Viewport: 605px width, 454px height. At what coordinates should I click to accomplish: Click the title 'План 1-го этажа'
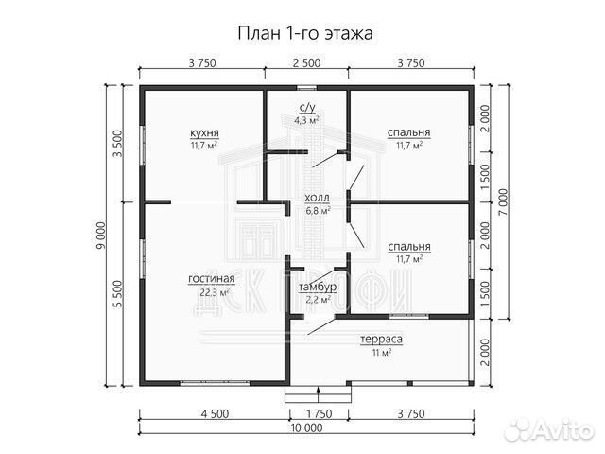point(304,33)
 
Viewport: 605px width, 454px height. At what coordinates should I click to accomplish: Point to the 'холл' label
point(316,199)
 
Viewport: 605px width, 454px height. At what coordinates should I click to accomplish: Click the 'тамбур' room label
point(315,287)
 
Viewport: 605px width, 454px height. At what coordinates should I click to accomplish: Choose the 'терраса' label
point(382,339)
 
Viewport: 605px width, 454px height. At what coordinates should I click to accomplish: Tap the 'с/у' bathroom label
point(306,109)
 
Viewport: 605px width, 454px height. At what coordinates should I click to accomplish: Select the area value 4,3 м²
point(306,121)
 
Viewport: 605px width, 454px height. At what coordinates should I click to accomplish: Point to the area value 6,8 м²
point(317,211)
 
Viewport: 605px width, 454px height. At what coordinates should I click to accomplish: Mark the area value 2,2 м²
point(316,299)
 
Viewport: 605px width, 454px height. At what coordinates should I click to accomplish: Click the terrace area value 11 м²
point(381,352)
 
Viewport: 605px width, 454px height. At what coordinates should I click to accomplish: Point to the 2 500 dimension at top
point(305,63)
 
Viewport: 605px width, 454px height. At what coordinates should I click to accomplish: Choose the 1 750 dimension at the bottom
point(318,412)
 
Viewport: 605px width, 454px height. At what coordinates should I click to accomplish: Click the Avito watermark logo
point(547,430)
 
